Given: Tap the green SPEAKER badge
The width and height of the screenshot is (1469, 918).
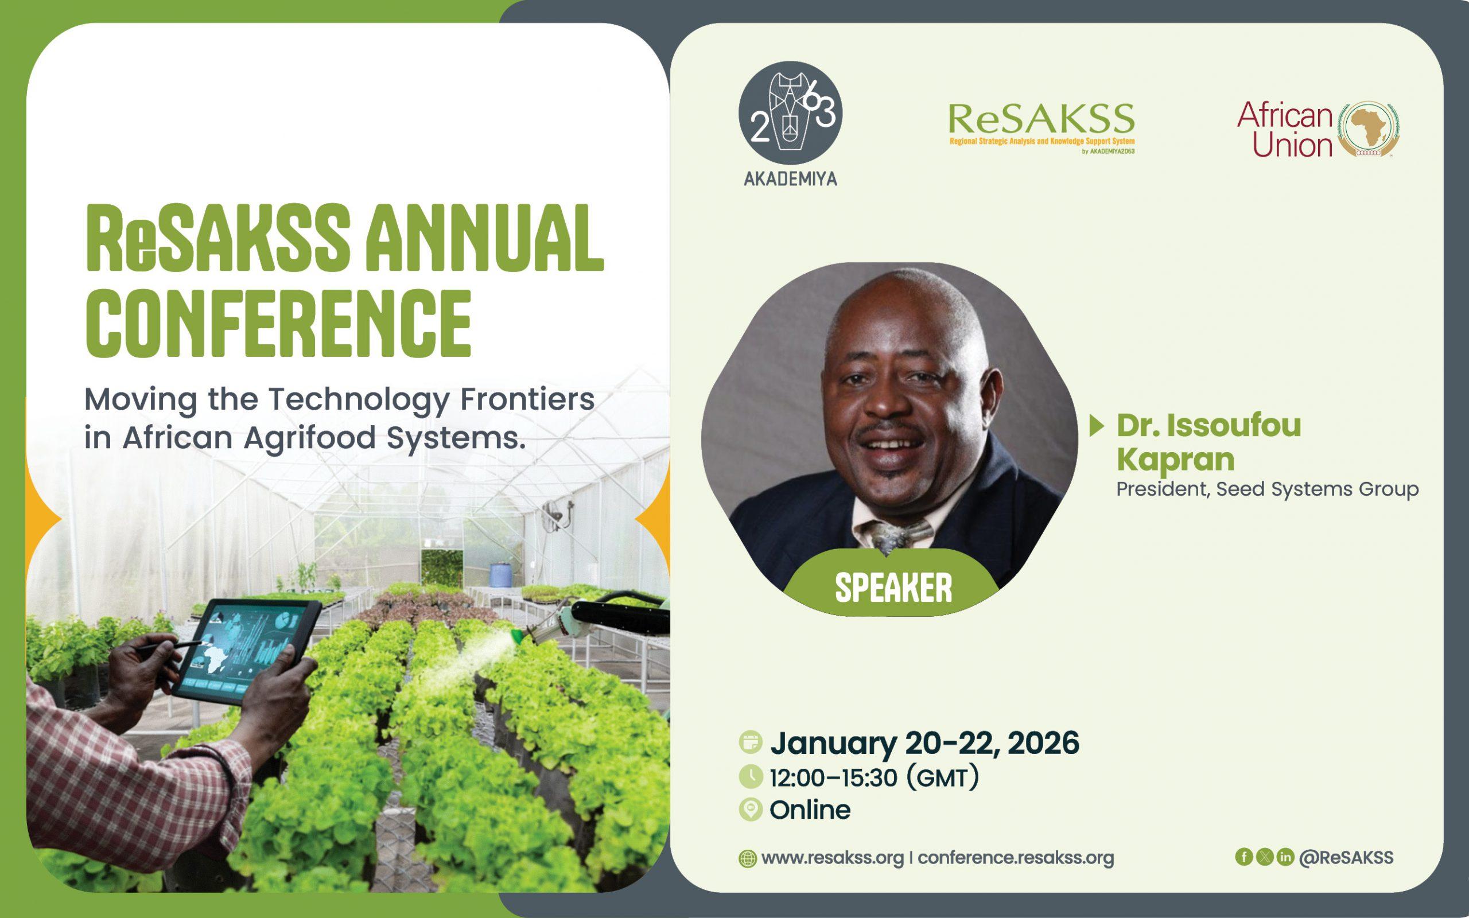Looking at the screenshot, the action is click(893, 587).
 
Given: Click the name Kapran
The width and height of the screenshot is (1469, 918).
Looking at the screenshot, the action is click(1175, 459).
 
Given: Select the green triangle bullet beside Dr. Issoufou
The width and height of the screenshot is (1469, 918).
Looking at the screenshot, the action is click(1096, 426).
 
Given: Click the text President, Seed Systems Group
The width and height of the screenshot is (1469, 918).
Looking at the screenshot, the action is click(1268, 489).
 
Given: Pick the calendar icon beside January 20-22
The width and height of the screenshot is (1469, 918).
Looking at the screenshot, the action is click(751, 742).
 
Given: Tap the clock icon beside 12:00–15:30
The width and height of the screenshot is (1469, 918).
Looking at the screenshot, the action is click(751, 776).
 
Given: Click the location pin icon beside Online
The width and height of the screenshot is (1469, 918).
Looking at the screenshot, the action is click(751, 810).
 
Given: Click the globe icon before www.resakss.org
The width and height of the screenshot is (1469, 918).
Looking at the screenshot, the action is click(747, 858).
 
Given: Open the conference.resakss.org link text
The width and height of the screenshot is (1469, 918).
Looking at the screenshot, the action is click(1016, 858).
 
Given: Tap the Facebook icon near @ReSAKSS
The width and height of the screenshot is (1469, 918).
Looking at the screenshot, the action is click(1244, 857).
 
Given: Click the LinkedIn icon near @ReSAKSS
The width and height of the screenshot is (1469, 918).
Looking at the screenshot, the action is click(1285, 857).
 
